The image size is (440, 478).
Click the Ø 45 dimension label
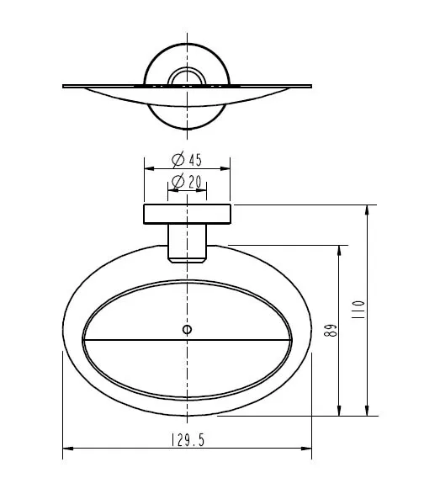pos(187,159)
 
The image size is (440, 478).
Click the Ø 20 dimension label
pos(187,182)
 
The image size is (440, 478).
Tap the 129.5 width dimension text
pos(188,440)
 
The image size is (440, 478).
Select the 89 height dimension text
pos(331,330)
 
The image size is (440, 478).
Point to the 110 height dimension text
pos(358,310)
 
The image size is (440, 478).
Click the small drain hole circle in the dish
pos(187,330)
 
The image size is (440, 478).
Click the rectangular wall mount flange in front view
pos(187,215)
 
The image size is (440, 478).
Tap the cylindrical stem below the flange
pos(187,243)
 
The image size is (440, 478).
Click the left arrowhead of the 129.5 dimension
pos(68,449)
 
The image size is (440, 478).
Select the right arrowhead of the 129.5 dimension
pos(306,449)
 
